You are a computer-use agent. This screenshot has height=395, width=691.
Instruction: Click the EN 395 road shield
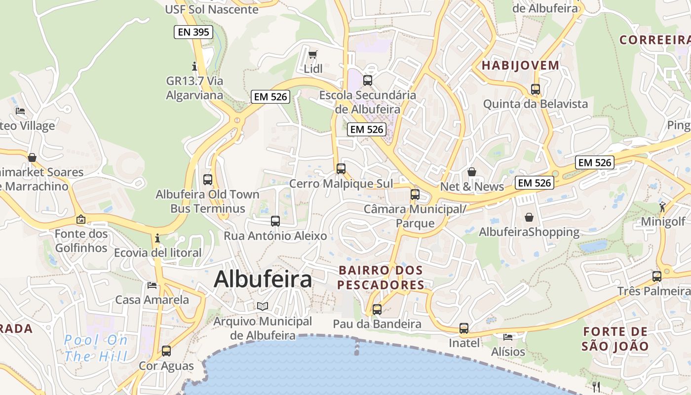pyautogui.click(x=194, y=33)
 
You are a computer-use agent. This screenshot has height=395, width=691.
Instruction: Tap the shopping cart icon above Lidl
pyautogui.click(x=312, y=55)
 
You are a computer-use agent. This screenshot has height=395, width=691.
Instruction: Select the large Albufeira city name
pyautogui.click(x=263, y=279)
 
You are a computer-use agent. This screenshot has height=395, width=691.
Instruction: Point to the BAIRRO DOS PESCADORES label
pyautogui.click(x=381, y=277)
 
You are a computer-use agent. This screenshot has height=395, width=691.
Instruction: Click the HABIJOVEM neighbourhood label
pyautogui.click(x=521, y=65)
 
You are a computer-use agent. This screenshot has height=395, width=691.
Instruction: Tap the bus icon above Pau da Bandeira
pyautogui.click(x=377, y=310)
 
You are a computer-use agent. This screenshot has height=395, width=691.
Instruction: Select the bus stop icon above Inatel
pyautogui.click(x=464, y=328)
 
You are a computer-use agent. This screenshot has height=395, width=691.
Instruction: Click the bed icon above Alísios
pyautogui.click(x=508, y=337)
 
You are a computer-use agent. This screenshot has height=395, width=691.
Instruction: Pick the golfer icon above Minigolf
pyautogui.click(x=662, y=207)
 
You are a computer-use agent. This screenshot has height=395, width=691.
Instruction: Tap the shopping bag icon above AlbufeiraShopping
pyautogui.click(x=529, y=217)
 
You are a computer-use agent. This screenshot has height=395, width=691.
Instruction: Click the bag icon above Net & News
pyautogui.click(x=472, y=172)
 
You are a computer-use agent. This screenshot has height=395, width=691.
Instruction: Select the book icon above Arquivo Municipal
pyautogui.click(x=263, y=307)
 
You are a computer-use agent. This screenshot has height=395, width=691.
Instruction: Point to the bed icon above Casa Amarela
pyautogui.click(x=152, y=285)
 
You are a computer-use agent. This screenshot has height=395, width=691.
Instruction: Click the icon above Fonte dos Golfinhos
pyautogui.click(x=81, y=219)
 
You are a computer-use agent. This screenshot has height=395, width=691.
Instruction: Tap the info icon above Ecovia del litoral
pyautogui.click(x=157, y=238)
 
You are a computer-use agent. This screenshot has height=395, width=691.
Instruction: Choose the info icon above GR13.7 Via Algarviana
pyautogui.click(x=194, y=66)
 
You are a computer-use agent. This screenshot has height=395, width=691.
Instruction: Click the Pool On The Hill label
pyautogui.click(x=96, y=348)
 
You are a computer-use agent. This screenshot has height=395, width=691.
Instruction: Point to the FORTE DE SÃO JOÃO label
pyautogui.click(x=615, y=338)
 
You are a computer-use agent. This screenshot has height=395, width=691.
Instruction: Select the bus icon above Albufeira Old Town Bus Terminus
pyautogui.click(x=208, y=180)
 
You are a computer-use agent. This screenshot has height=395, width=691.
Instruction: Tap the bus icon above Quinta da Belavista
pyautogui.click(x=536, y=89)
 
